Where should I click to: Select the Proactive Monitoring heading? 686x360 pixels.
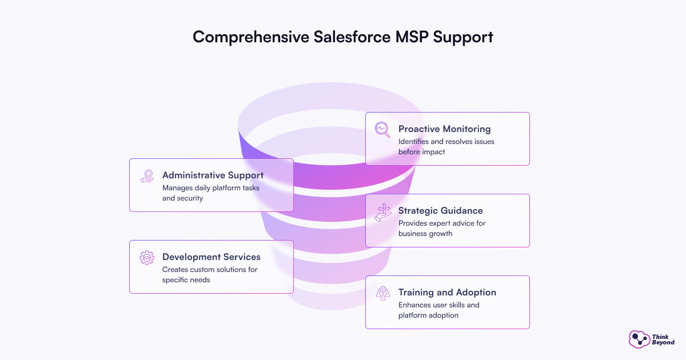coord(444,129)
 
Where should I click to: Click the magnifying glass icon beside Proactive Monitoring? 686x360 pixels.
coord(382,129)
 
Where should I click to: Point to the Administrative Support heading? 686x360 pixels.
coord(213,175)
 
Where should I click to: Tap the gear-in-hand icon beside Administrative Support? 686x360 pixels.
coord(147,175)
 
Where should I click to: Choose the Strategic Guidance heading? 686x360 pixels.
coord(440,210)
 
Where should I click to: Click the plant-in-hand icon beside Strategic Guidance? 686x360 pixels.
coord(382,211)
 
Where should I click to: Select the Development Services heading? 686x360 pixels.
coord(211,257)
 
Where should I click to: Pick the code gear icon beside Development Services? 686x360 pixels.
coord(147,257)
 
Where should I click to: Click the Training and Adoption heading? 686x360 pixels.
coord(447,292)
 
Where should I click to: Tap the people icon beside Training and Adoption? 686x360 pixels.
coord(382,293)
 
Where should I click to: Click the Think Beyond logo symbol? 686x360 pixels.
coord(639,339)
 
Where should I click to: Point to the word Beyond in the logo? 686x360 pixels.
coord(663,342)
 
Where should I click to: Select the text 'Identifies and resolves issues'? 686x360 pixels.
coord(446,141)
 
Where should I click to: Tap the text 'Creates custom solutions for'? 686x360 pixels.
coord(210,269)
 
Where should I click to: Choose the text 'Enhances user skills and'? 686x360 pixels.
coord(439,305)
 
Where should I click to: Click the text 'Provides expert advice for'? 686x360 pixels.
coord(442,223)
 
